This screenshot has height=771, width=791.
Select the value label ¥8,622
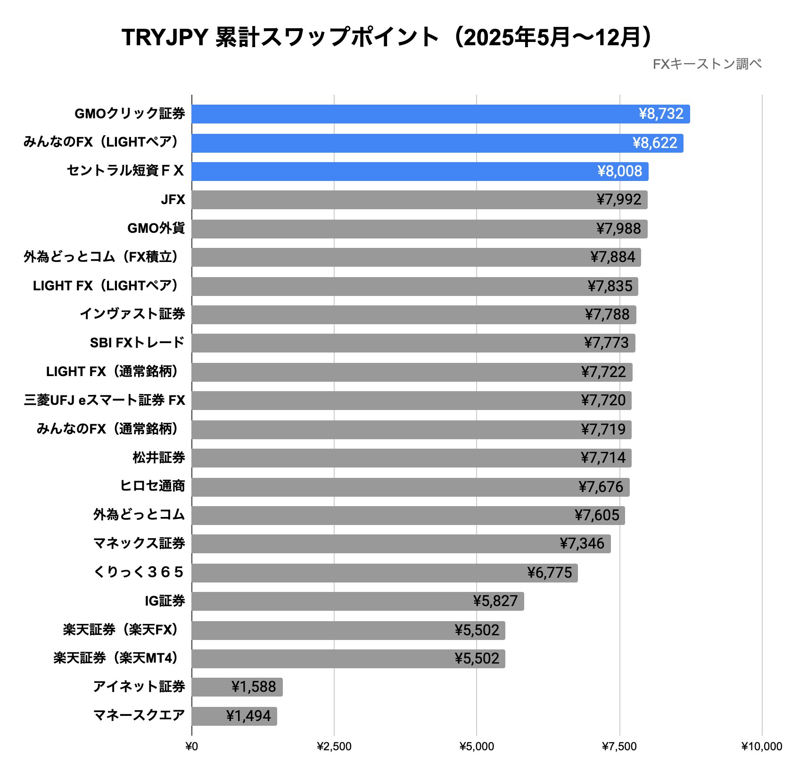click(x=655, y=143)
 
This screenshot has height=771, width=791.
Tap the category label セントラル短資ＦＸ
click(x=125, y=171)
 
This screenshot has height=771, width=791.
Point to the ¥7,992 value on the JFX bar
click(x=618, y=200)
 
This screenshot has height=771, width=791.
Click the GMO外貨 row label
click(x=156, y=229)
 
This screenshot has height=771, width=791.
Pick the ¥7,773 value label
click(x=606, y=343)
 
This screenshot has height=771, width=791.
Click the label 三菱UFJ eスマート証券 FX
click(x=104, y=401)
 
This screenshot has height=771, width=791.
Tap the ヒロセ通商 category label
click(x=152, y=486)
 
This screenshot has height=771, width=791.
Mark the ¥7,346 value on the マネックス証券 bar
click(x=582, y=544)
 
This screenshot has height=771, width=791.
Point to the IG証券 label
click(x=165, y=601)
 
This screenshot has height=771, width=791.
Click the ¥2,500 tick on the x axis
click(x=334, y=746)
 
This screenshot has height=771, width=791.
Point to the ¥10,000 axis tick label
click(x=761, y=746)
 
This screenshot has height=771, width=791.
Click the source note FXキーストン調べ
click(x=707, y=64)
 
